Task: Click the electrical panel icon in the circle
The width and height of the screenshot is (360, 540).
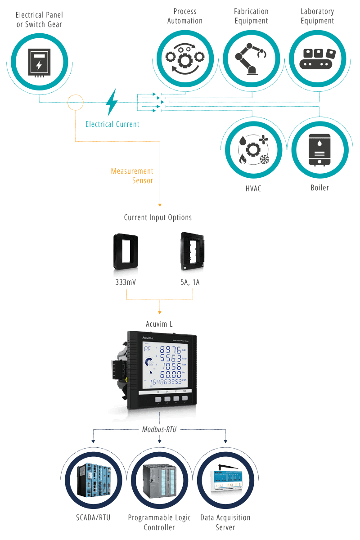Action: [x=39, y=62]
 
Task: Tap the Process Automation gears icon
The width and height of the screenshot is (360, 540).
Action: [x=184, y=58]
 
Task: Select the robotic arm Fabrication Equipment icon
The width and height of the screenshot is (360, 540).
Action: [x=251, y=58]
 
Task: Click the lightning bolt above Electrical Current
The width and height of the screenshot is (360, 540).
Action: [x=112, y=102]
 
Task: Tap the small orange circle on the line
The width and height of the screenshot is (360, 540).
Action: [x=76, y=103]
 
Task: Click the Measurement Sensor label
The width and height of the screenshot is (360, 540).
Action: [x=132, y=176]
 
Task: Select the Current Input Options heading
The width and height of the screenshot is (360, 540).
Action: [x=158, y=218]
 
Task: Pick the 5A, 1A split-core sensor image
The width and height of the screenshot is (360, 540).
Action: [x=193, y=252]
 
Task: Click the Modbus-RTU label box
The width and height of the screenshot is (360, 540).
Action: [x=159, y=430]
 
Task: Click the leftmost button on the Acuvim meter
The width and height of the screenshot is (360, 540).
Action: [x=158, y=398]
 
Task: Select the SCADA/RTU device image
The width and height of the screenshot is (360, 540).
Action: [x=93, y=480]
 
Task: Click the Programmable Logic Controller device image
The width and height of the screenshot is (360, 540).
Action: [x=159, y=480]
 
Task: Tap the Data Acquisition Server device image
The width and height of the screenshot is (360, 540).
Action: [x=225, y=480]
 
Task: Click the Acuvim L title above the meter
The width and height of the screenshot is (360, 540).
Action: [x=159, y=324]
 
